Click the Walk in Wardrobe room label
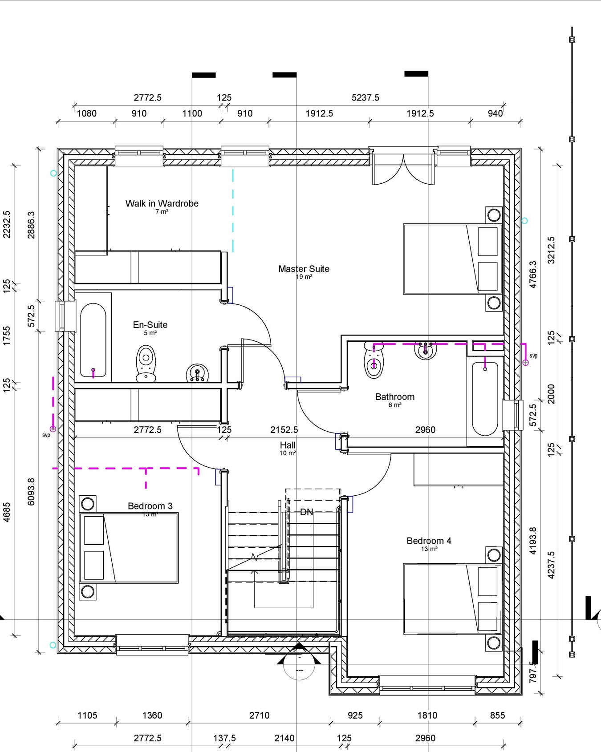coord(162,204)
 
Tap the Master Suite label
coord(304,269)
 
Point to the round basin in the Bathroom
coord(425,350)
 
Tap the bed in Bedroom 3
coord(129,547)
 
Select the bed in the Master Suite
coord(452,259)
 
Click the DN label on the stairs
coord(306,512)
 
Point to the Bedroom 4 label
coord(429,541)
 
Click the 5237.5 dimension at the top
coord(365,97)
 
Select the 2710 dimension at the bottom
coord(259,716)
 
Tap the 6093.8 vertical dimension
coord(31,492)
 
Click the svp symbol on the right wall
coord(525,363)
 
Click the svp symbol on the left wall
coord(53,429)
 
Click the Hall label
coord(288,445)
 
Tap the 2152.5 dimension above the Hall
coord(284,430)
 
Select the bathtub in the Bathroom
coord(485,398)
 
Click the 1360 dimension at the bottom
coord(152,716)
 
